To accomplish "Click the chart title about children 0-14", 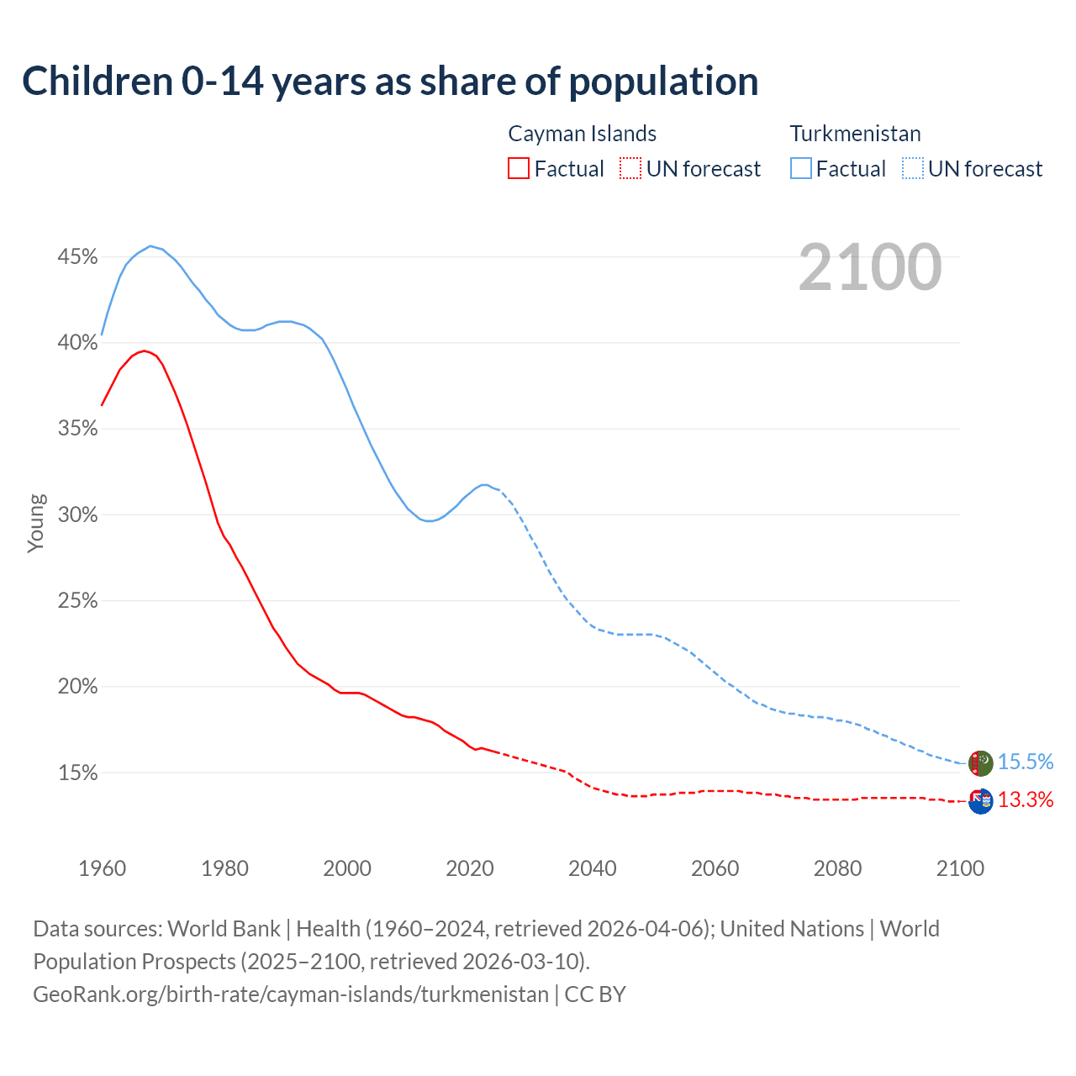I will click(x=390, y=82).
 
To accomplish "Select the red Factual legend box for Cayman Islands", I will click(x=519, y=169).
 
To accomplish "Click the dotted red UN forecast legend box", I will click(x=630, y=169).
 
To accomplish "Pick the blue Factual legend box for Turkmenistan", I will click(x=800, y=169).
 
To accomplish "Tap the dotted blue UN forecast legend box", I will click(x=912, y=169).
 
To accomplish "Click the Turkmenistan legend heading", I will click(x=855, y=134).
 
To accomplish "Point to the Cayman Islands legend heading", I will click(x=582, y=134).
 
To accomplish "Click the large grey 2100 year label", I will click(x=869, y=267).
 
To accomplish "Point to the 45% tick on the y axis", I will click(x=77, y=256).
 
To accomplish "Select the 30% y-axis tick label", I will click(x=77, y=514).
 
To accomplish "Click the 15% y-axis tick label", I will click(x=77, y=773).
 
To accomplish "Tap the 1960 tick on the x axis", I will click(x=102, y=868).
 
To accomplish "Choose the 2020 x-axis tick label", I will click(x=469, y=868).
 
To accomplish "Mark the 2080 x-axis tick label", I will click(x=837, y=868).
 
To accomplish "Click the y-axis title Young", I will click(x=35, y=523).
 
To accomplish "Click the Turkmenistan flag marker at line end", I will click(x=981, y=763).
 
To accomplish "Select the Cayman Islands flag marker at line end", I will click(x=981, y=801).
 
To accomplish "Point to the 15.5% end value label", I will click(x=1026, y=762).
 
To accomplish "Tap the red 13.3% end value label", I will click(x=1026, y=799).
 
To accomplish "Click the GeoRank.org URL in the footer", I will click(x=290, y=994).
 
